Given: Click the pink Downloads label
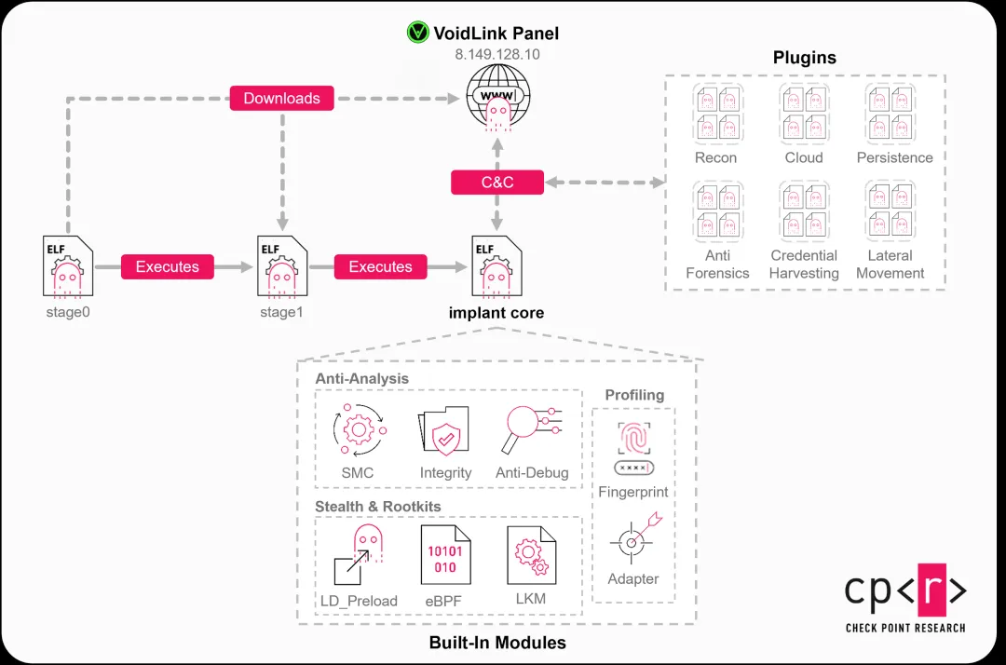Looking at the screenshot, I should point(281,98).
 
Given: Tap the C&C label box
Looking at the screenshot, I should point(496,182).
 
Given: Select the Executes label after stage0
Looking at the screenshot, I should point(168,266).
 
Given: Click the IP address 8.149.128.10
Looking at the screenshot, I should point(496,55).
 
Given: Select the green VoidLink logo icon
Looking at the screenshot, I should point(417,34).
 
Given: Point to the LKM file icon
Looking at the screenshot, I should point(531,557).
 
